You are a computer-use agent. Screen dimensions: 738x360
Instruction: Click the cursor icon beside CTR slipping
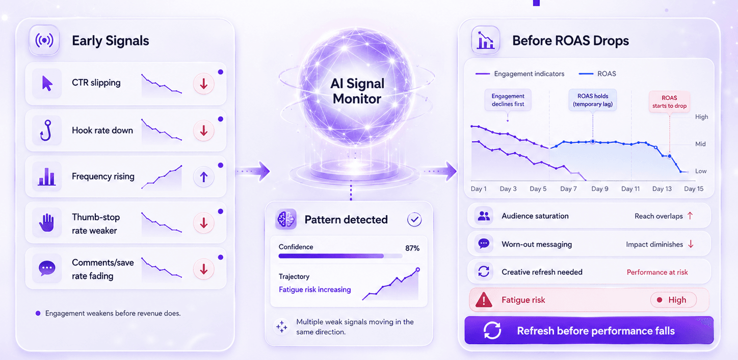coord(47,83)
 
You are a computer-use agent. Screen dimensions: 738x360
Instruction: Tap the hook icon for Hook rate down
coord(46,131)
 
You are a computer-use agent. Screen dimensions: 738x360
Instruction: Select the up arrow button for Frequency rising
coord(203,177)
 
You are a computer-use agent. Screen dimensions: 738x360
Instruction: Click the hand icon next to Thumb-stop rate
coord(46,223)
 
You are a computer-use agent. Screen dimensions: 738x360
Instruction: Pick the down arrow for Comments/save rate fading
coord(203,269)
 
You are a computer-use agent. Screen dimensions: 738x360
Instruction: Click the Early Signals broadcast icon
coord(44,41)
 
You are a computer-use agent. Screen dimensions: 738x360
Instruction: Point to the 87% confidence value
coord(412,248)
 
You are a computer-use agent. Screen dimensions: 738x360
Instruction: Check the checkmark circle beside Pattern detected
coord(414,220)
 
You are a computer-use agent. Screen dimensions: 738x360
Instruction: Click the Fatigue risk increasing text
coord(314,290)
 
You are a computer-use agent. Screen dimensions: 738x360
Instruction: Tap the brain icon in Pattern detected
coord(285,219)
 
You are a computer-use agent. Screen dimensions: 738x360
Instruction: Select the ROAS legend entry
coord(597,74)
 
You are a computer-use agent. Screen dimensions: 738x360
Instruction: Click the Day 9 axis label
coord(599,189)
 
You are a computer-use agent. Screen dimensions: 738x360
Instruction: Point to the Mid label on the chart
coord(700,144)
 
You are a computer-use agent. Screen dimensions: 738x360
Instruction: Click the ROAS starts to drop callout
coord(669,102)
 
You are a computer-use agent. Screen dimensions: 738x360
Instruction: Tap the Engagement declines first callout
coord(508,100)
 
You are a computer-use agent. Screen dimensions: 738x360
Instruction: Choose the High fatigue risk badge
coord(673,300)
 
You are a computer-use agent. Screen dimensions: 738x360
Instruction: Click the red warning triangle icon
coord(484,300)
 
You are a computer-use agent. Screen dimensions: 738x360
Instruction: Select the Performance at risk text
coord(657,272)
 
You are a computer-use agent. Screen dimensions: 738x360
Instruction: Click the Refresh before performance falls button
coord(589,330)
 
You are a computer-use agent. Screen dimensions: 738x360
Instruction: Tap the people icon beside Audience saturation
coord(484,216)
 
